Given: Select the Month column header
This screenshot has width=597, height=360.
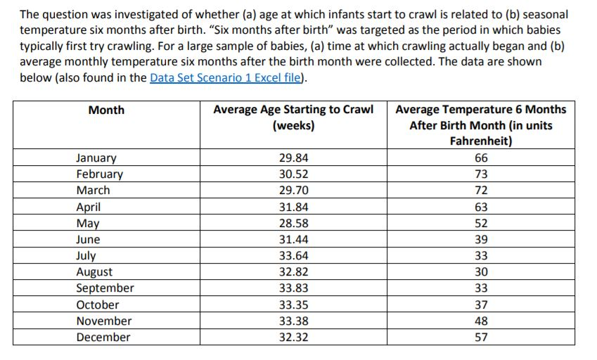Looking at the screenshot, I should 106,110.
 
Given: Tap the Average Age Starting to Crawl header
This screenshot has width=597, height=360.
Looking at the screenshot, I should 293,109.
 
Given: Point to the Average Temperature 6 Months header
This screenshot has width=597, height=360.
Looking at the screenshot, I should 481,109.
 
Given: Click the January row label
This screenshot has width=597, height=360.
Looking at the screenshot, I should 96,158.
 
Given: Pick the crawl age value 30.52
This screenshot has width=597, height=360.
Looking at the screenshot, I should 293,174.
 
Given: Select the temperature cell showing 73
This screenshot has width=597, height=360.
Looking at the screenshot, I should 481,174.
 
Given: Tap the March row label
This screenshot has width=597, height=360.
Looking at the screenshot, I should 94,191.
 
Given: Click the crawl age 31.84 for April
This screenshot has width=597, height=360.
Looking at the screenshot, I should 293,207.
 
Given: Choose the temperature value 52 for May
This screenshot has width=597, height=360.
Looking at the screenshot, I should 481,224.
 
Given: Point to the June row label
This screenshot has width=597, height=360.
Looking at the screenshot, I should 89,240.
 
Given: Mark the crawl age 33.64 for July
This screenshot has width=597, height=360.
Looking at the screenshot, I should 293,256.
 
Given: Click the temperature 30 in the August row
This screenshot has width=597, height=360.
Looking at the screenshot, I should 481,272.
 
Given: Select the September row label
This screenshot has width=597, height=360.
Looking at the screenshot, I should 105,288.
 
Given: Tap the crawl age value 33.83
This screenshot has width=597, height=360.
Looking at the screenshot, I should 293,288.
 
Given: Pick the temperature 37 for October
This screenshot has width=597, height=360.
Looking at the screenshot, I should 481,305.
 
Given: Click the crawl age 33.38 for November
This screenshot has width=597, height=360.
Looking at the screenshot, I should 293,321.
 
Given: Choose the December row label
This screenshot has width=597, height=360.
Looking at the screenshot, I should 103,337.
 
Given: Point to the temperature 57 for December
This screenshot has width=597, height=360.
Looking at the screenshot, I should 481,337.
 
